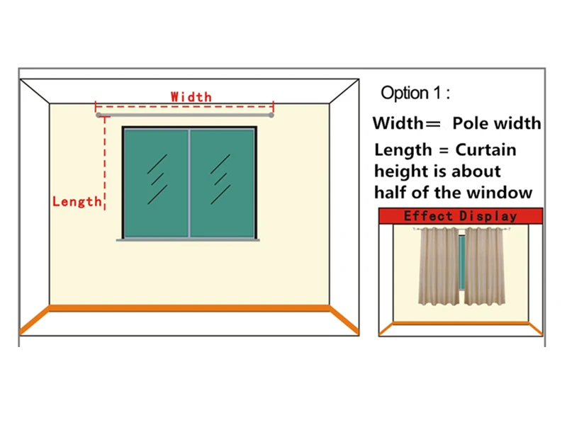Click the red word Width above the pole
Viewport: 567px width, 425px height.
[x=191, y=96]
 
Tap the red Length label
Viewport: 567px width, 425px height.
[x=77, y=202]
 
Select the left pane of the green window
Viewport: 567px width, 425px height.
[x=157, y=183]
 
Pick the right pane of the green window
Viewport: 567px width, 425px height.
[x=222, y=183]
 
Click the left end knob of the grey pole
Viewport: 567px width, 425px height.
[x=99, y=114]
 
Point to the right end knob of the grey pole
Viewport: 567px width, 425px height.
[x=271, y=114]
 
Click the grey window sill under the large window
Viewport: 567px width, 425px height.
[x=188, y=240]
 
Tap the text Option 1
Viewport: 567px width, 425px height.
[x=415, y=93]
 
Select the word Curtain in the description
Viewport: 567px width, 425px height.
[x=485, y=150]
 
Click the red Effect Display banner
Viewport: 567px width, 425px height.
[x=461, y=216]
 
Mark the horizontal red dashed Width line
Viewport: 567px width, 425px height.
[x=184, y=106]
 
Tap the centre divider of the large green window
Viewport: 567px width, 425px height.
[x=189, y=183]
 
